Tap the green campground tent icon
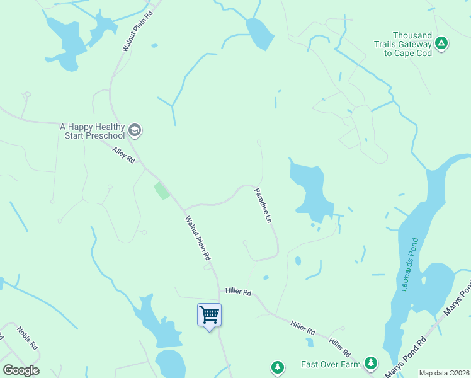(x=442, y=43)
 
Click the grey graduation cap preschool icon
(x=134, y=130)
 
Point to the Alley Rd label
(x=124, y=155)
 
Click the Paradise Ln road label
(x=263, y=205)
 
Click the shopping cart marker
(x=209, y=314)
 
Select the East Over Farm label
(x=331, y=364)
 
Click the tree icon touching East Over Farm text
(x=371, y=364)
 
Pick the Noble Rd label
(x=28, y=338)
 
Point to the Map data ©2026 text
(x=444, y=373)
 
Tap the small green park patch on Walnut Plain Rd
(x=162, y=190)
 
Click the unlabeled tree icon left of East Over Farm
(x=277, y=366)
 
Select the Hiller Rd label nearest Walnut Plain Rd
(x=239, y=292)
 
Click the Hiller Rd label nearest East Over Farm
(x=338, y=345)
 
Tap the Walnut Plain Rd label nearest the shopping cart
(x=197, y=239)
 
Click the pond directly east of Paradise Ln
(x=310, y=189)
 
